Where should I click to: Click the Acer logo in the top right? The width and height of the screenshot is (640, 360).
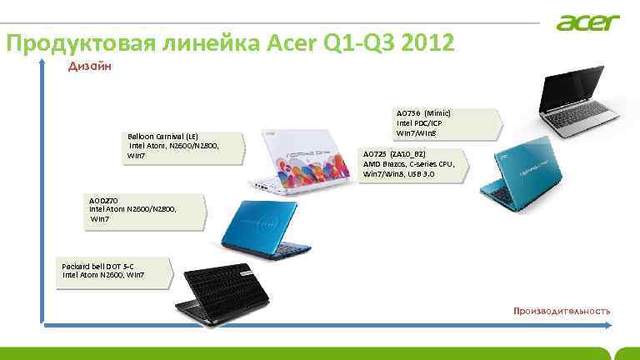pyautogui.click(x=588, y=22)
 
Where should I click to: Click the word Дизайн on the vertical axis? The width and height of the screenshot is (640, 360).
pyautogui.click(x=90, y=67)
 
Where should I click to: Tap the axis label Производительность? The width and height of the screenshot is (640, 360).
pyautogui.click(x=561, y=311)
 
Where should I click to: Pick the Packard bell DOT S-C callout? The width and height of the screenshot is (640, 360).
pyautogui.click(x=113, y=271)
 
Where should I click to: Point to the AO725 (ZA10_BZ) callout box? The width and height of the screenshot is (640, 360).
pyautogui.click(x=413, y=164)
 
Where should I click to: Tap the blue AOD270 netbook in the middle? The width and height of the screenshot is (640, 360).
pyautogui.click(x=262, y=225)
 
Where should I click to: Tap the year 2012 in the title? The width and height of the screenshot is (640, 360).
pyautogui.click(x=427, y=42)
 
